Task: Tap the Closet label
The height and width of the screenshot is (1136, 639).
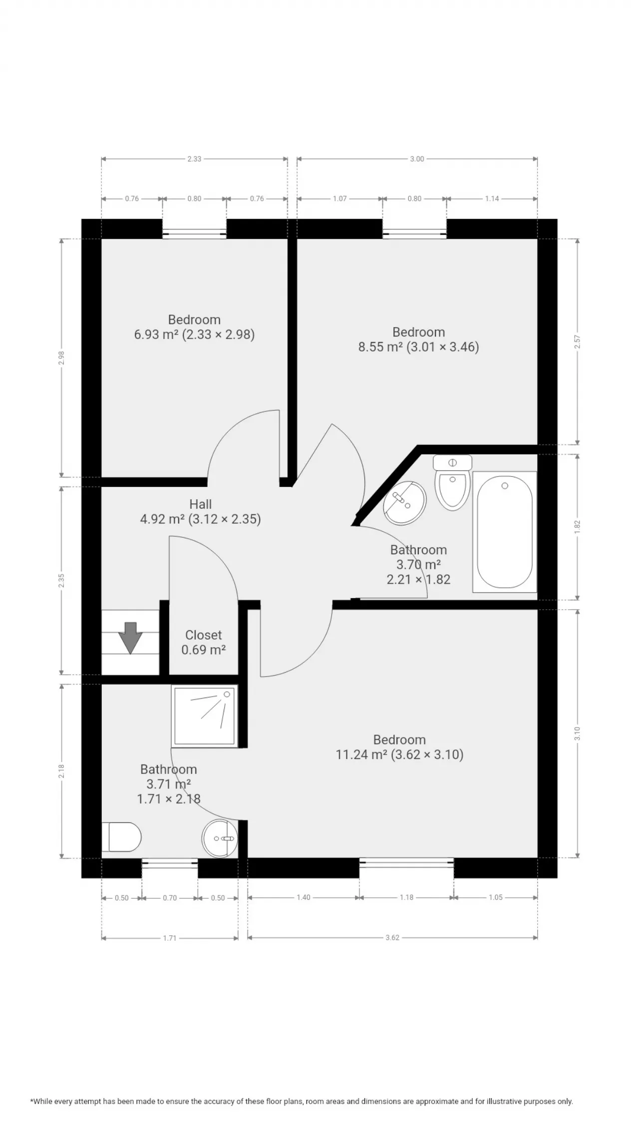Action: point(203,635)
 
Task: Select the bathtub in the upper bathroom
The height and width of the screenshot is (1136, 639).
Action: point(504,532)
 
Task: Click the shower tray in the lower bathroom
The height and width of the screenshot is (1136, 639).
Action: point(204,716)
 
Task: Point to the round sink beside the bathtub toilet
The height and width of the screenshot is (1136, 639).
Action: point(404,503)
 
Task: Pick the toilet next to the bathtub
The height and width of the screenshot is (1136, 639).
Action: point(453,482)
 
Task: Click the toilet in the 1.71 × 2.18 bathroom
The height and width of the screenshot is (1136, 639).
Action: point(121,837)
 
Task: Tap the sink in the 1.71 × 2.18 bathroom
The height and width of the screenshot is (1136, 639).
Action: point(219,839)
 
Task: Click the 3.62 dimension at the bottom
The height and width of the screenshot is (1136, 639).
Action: point(392,938)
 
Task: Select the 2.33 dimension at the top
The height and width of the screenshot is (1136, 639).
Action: point(194,159)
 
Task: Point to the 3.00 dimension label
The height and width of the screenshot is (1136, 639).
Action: point(417,159)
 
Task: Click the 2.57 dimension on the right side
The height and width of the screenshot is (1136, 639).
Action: point(577,342)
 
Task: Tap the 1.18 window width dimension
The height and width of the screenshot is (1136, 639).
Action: point(406,897)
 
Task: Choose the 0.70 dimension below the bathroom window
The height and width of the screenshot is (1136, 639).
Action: point(170,898)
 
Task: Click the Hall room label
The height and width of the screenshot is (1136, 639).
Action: point(200,504)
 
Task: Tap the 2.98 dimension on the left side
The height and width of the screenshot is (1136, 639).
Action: point(61,358)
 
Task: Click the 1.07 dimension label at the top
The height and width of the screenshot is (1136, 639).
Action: point(339,199)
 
